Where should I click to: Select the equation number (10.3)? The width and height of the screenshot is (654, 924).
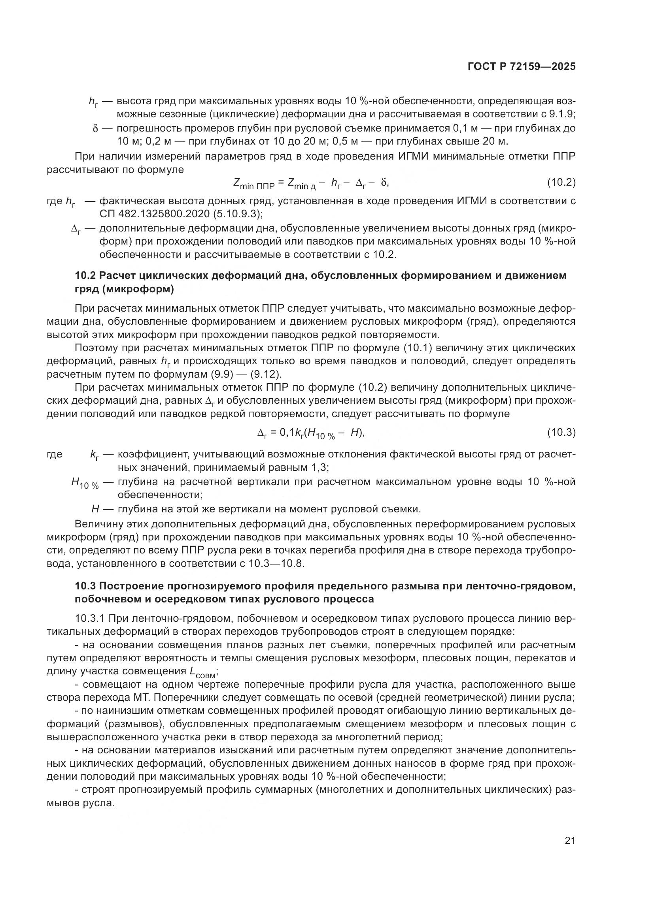point(561,433)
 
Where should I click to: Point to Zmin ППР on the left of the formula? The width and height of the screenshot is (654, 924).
point(254,184)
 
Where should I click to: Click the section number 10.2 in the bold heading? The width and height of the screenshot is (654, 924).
point(85,276)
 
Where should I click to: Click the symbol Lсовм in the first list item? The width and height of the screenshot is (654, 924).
point(203,672)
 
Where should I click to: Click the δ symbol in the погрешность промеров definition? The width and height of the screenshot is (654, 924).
point(95,128)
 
